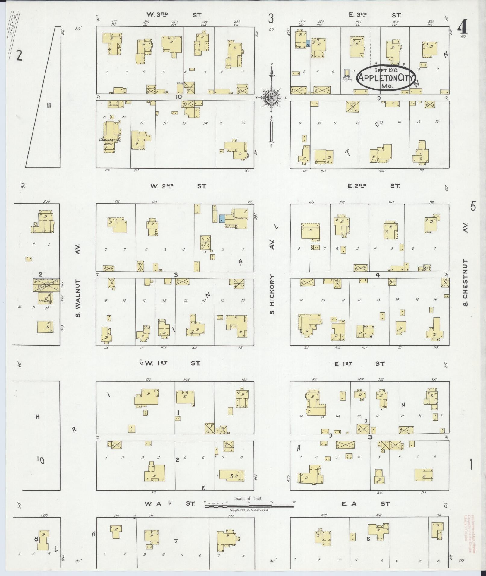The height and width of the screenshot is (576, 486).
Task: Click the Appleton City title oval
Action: pyautogui.click(x=387, y=77)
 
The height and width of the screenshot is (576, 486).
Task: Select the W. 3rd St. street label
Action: pyautogui.click(x=174, y=15)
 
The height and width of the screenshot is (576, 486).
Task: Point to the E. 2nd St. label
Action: pyautogui.click(x=374, y=186)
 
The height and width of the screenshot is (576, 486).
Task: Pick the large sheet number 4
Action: pyautogui.click(x=462, y=28)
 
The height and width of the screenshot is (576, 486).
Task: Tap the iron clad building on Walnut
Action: pyautogui.click(x=46, y=285)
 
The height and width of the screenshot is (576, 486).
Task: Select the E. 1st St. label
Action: pyautogui.click(x=359, y=364)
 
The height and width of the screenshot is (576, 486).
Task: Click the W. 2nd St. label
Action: pyautogui.click(x=178, y=186)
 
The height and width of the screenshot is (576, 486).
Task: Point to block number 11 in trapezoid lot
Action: pyautogui.click(x=49, y=105)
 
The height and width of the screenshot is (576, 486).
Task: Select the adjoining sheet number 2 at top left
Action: pyautogui.click(x=19, y=56)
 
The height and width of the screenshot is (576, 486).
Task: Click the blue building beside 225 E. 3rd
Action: pyautogui.click(x=308, y=44)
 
